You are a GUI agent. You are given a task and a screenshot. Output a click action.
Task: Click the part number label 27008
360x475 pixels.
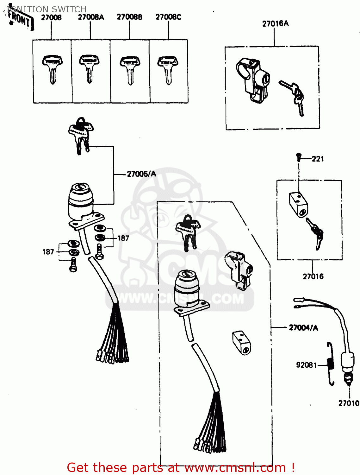[x=51, y=17]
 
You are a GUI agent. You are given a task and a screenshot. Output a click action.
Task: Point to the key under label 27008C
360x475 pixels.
[x=168, y=70]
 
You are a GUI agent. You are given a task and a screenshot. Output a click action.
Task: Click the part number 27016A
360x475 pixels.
[x=275, y=23]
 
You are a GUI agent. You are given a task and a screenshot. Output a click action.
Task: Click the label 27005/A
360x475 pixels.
[x=141, y=174]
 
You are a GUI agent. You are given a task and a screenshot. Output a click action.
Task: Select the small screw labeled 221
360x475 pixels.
[x=298, y=157]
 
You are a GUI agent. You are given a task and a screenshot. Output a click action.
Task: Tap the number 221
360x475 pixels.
[x=318, y=159]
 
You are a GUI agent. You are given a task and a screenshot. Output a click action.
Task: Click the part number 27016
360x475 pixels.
[x=313, y=276]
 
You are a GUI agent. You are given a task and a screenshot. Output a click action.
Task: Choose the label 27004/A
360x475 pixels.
[x=303, y=328]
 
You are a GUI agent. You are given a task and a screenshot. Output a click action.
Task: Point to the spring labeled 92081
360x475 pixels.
[x=331, y=364]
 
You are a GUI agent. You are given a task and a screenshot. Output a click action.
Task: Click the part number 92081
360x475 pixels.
[x=306, y=365]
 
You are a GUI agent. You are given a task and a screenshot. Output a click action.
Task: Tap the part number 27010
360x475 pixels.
[x=349, y=403]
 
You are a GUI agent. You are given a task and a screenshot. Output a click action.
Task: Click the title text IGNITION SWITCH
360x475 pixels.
[x=47, y=9]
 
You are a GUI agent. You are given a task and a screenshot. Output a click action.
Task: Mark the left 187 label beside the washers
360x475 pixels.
[x=48, y=252]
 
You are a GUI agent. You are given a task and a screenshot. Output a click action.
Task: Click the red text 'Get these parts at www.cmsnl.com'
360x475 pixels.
[x=181, y=467]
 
